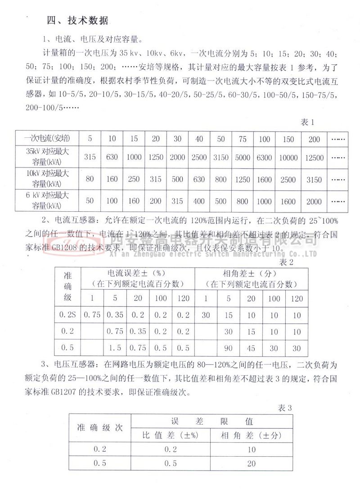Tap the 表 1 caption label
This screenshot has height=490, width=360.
[x=307, y=122]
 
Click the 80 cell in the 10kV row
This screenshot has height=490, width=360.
[x=90, y=179]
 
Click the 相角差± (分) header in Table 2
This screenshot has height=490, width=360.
[x=251, y=273]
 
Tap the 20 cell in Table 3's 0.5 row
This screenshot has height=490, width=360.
[x=251, y=463]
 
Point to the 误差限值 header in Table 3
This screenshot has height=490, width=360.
[x=212, y=421]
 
